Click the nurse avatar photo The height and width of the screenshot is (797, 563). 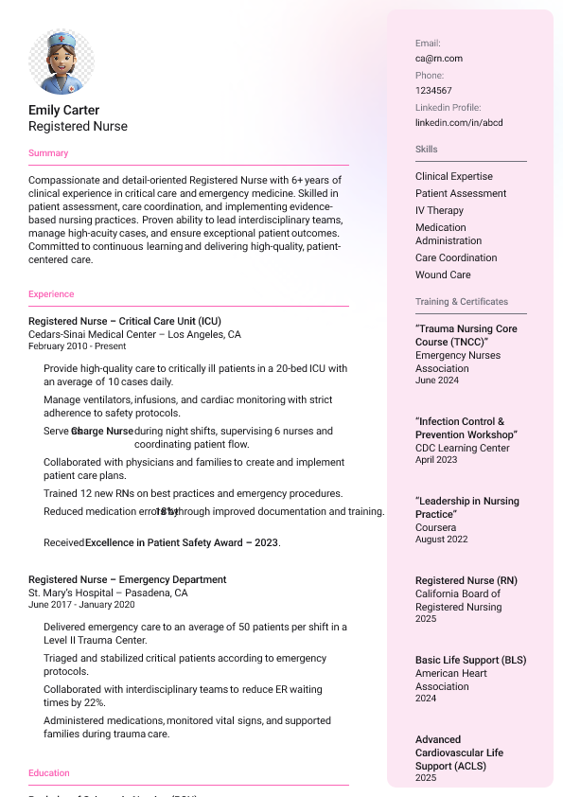62,62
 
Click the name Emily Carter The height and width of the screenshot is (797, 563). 63,110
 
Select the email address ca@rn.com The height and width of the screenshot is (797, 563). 439,58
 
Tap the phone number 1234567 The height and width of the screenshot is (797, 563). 433,90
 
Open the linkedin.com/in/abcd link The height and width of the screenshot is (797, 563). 459,122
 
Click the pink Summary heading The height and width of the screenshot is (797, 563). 48,153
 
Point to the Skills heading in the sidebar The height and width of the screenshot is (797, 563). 427,150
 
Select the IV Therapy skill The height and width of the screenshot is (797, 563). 439,210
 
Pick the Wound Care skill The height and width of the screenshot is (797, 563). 443,275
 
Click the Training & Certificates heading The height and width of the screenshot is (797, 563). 462,302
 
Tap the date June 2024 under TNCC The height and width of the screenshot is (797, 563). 437,381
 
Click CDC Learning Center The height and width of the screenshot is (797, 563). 463,448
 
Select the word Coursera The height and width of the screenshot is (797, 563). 435,527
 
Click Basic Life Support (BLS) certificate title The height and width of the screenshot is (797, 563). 470,660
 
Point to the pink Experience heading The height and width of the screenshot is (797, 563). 51,294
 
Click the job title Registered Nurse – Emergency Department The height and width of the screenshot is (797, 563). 128,579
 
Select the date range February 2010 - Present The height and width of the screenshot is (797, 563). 77,346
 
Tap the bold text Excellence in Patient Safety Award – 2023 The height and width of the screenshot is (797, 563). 182,543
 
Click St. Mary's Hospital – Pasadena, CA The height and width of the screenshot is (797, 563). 108,593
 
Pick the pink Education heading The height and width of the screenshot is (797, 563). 49,773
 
